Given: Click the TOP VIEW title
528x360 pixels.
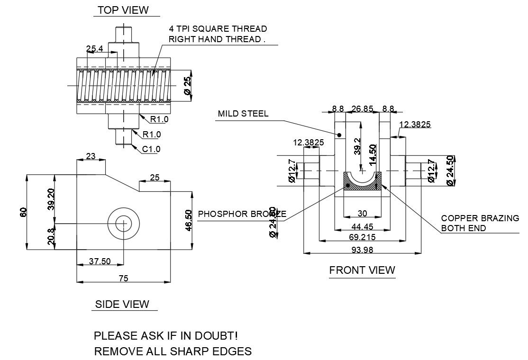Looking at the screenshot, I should click(123, 10).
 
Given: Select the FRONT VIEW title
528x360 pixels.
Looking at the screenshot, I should click(362, 270).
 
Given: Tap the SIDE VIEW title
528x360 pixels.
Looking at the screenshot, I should click(122, 304).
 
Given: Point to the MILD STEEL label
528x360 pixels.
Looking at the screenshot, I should click(243, 114).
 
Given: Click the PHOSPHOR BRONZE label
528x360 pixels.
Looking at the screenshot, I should click(242, 214).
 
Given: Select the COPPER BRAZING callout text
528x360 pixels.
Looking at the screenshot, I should click(480, 218).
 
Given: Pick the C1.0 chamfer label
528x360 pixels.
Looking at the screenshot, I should click(152, 149).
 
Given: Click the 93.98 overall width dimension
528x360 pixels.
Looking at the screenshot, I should click(362, 249).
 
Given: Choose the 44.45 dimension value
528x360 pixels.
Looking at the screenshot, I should click(363, 227).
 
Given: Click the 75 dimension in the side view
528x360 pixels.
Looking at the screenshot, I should click(123, 279).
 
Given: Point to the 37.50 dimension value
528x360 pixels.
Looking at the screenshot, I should click(100, 261).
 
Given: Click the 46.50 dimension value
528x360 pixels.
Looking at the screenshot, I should click(188, 220).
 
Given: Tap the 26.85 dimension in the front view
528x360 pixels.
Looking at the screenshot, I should click(363, 108).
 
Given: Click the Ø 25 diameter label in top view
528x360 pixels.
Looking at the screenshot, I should click(188, 85).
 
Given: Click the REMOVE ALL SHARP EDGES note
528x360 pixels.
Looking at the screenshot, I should click(173, 351).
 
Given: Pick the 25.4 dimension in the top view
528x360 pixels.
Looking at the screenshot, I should click(95, 49).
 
